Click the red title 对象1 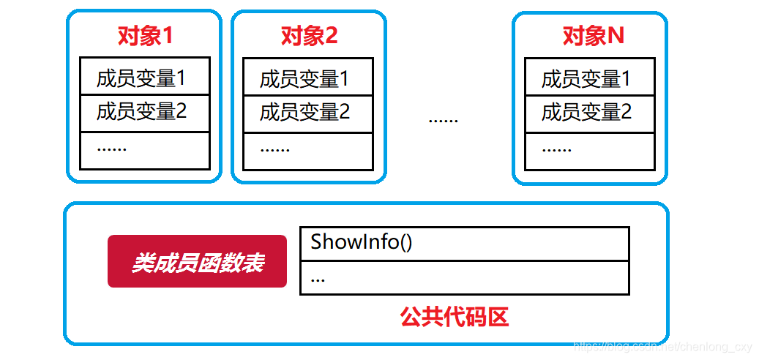click(145, 35)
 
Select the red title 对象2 click(309, 35)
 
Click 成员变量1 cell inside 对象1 click(145, 76)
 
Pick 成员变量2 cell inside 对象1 click(145, 112)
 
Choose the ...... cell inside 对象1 click(145, 150)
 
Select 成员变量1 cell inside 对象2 click(308, 78)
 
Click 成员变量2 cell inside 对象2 click(308, 113)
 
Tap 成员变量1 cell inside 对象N click(589, 78)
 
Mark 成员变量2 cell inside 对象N click(589, 113)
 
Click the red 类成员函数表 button click(197, 261)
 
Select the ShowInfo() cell click(464, 243)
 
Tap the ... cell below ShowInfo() click(464, 277)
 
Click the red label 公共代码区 click(454, 317)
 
